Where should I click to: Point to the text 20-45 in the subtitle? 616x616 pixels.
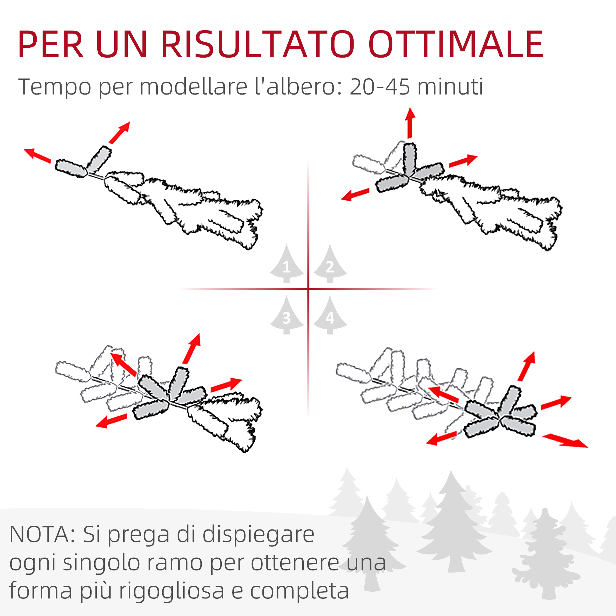coord(379,87)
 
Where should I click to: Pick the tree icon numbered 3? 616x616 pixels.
coord(287,315)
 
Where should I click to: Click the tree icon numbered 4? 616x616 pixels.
coord(330,315)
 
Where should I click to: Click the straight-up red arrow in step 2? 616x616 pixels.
coord(410,123)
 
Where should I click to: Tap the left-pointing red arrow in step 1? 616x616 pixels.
coord(38,156)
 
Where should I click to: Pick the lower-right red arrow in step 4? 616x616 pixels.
coord(565,441)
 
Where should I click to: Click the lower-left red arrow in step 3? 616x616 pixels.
coord(111,420)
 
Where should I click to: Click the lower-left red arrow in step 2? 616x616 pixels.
coord(355,194)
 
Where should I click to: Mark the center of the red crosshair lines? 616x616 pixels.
coord(308,289)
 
